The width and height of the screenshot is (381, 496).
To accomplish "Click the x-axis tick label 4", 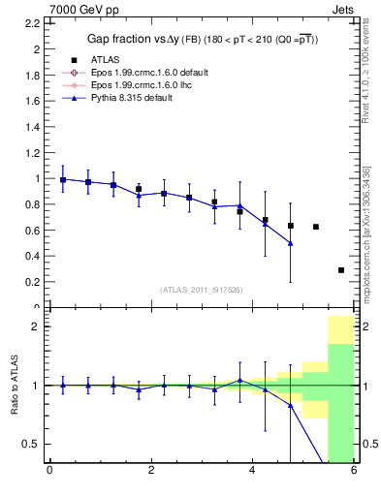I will tap(252, 472).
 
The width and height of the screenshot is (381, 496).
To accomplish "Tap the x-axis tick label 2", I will tap(151, 472).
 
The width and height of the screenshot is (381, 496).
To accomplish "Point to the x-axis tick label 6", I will tap(353, 472).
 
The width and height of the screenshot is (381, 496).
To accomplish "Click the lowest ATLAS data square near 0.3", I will tap(341, 270).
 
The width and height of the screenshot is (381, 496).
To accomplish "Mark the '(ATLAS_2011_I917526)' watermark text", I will tap(202, 290).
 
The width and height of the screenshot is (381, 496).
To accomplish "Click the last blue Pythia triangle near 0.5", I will tap(291, 243).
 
